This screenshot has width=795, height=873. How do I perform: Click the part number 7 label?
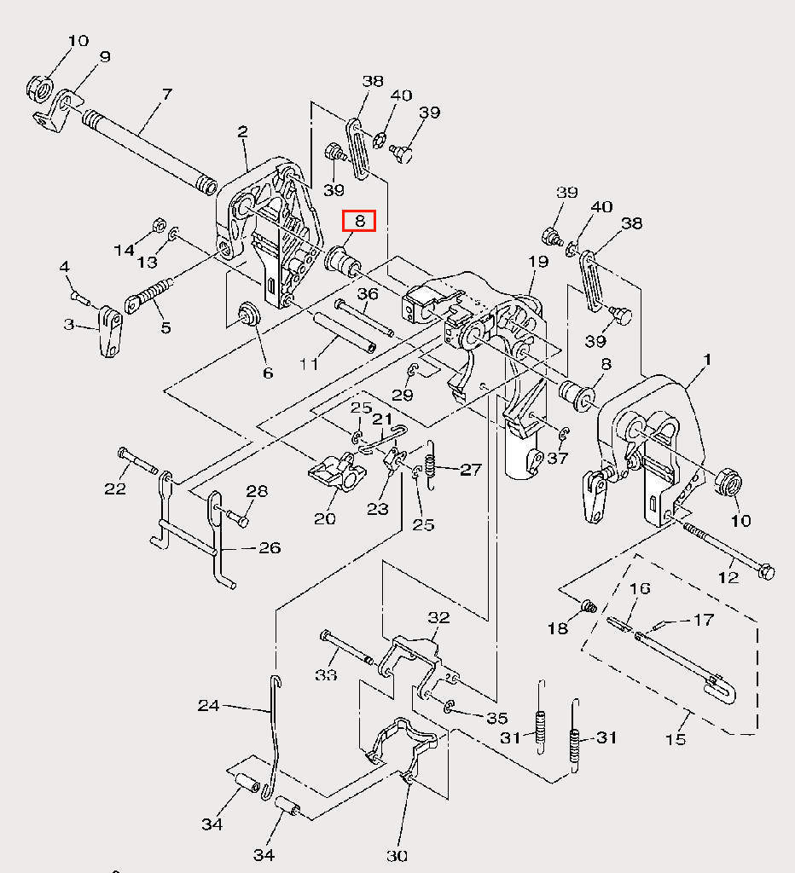click(166, 95)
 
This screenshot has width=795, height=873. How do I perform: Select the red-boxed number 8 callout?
click(359, 221)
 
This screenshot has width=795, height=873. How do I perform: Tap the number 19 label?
click(538, 261)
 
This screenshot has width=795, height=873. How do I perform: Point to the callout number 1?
click(707, 360)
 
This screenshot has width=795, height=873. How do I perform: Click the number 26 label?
click(270, 548)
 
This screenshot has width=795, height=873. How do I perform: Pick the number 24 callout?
click(208, 706)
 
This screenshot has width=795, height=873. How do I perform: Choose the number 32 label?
click(438, 617)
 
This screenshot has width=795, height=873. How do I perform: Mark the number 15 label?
click(676, 739)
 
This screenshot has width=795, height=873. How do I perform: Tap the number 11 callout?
click(309, 364)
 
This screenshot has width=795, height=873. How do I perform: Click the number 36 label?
click(367, 293)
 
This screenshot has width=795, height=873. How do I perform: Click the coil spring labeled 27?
click(430, 465)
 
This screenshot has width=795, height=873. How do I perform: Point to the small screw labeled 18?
click(589, 606)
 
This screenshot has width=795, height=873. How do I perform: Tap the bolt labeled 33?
click(347, 647)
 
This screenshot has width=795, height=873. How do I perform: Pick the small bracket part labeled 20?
click(338, 472)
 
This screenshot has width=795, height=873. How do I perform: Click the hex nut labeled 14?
click(158, 224)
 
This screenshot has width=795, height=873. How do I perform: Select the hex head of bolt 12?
click(766, 572)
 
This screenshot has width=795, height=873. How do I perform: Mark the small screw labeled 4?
click(81, 298)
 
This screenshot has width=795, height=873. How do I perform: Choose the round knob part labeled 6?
click(248, 314)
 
